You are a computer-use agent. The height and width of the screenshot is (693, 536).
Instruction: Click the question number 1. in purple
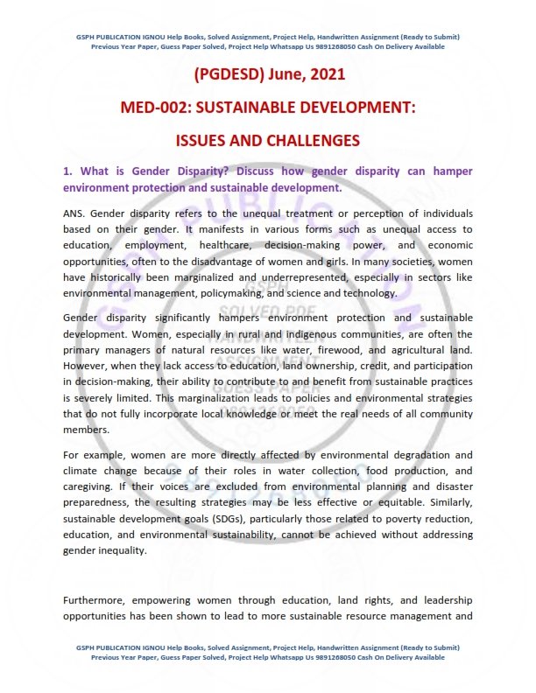coord(67,171)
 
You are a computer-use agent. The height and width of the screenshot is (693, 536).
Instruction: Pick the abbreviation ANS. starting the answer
coord(74,213)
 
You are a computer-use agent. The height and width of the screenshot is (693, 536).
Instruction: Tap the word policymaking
coord(233,293)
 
